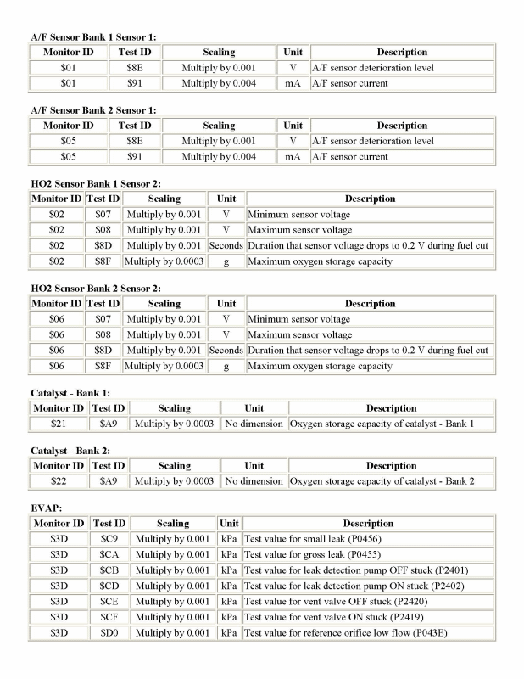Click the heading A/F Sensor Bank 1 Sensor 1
tap(93, 36)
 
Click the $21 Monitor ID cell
tap(59, 424)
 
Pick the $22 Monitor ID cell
tap(59, 481)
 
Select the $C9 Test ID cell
tap(109, 539)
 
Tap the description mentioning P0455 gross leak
tap(314, 555)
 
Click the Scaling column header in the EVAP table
tap(173, 524)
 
